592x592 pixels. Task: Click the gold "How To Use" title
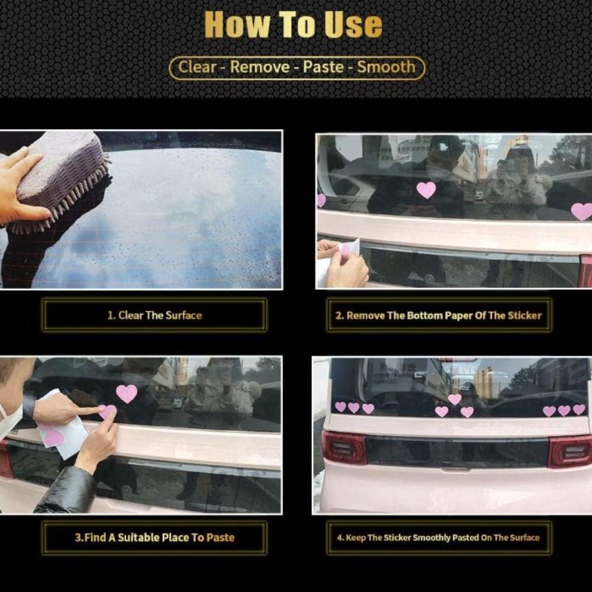point(294,25)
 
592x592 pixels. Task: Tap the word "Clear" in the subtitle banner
point(198,67)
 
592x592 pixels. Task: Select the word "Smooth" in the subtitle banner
point(386,67)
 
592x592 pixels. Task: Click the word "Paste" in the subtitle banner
point(323,67)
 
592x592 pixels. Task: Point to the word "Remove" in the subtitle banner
point(260,67)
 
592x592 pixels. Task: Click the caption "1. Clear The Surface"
point(155,316)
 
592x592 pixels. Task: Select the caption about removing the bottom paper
point(438,316)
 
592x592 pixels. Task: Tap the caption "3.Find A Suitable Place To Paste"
point(155,538)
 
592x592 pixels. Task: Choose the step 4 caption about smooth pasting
point(438,538)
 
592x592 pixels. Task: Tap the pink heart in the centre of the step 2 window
point(426,190)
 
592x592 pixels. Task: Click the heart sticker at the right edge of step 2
point(582,211)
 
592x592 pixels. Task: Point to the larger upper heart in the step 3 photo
point(127,394)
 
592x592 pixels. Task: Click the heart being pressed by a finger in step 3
point(108,411)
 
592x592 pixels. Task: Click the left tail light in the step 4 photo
point(344,448)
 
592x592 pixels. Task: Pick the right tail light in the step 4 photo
point(570,452)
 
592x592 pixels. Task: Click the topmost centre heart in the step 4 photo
point(455,399)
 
